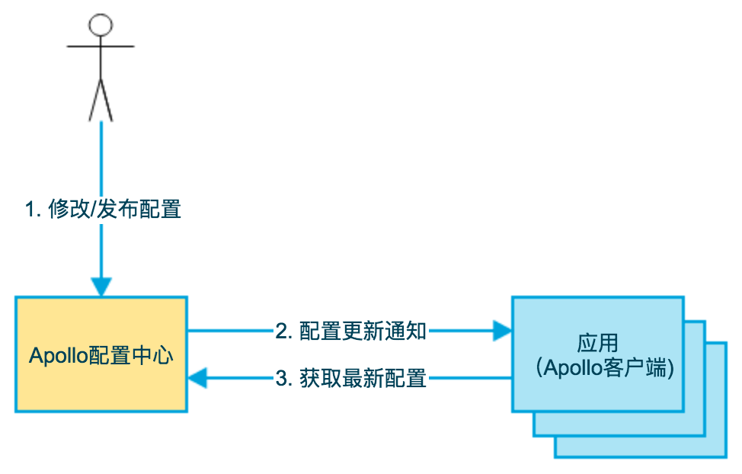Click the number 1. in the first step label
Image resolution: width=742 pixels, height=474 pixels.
click(x=33, y=209)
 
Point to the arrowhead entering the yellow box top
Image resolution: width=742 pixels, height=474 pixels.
click(x=101, y=287)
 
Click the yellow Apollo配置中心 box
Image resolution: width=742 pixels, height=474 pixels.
click(x=101, y=381)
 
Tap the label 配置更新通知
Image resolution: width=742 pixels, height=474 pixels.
click(x=363, y=331)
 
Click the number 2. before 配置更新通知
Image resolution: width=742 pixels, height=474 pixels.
click(x=284, y=331)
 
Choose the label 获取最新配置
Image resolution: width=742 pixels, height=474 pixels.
click(x=363, y=378)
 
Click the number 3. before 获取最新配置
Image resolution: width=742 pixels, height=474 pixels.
click(x=284, y=378)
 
